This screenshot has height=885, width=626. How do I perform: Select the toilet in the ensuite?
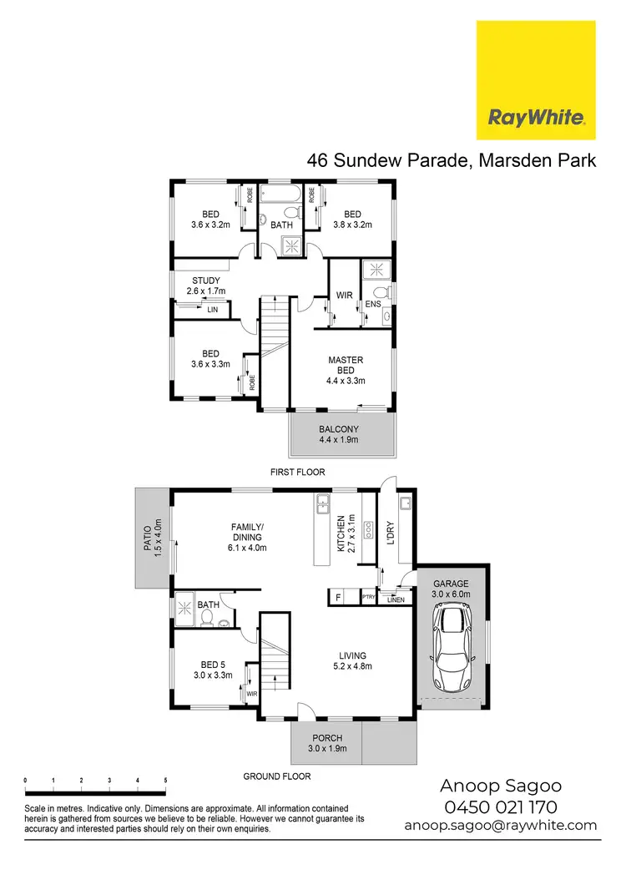tap(381, 292)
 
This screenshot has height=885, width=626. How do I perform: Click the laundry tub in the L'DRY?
tap(404, 503)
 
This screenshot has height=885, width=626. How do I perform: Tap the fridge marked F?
tap(337, 596)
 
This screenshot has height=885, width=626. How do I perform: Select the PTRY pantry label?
tap(368, 596)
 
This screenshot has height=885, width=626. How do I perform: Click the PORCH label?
tap(327, 742)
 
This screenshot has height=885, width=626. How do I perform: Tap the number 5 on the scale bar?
tap(166, 781)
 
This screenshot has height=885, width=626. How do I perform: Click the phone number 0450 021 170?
tap(501, 807)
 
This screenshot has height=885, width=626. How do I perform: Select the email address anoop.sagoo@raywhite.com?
tap(501, 825)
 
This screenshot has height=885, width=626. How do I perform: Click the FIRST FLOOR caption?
tap(297, 472)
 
